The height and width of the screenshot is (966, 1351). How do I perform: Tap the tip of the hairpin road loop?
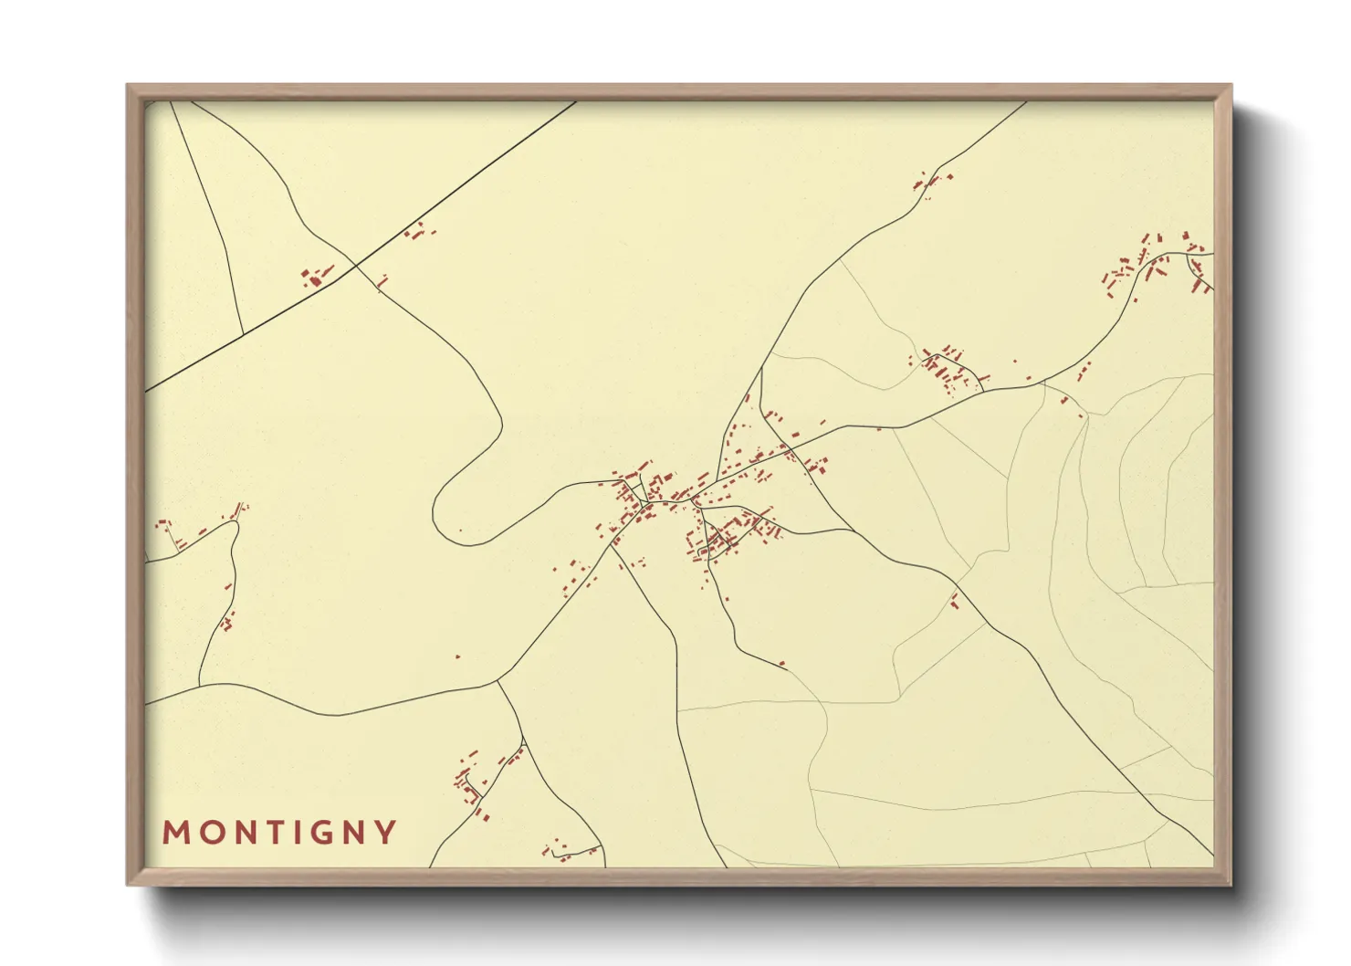click(x=435, y=511)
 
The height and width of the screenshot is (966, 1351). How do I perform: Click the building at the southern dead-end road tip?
click(x=782, y=664)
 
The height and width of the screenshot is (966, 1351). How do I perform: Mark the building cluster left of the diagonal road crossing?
click(x=316, y=276)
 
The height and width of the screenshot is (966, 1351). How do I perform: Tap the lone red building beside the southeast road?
click(x=954, y=600)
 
